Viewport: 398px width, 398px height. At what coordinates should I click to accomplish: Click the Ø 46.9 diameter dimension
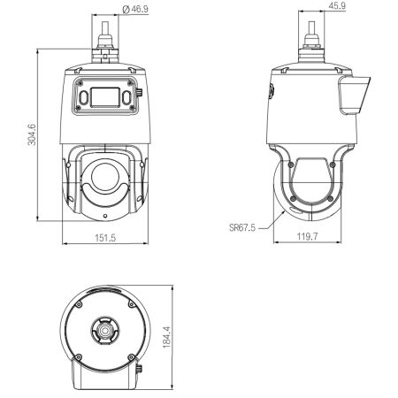(x=135, y=9)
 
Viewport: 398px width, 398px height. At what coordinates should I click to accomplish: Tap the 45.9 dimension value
(x=337, y=6)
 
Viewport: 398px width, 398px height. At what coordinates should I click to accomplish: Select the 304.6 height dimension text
(x=32, y=134)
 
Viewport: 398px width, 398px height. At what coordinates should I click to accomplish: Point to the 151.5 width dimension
(x=105, y=238)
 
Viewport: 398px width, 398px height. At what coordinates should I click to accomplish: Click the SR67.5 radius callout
(x=242, y=228)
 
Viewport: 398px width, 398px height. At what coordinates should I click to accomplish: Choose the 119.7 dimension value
(x=307, y=236)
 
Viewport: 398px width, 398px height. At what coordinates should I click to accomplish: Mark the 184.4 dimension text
(x=167, y=337)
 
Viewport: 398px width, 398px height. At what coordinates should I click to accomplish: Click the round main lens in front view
(x=105, y=176)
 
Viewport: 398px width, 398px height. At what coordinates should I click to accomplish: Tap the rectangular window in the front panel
(x=105, y=97)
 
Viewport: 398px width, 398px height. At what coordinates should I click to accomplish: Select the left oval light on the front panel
(x=83, y=97)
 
